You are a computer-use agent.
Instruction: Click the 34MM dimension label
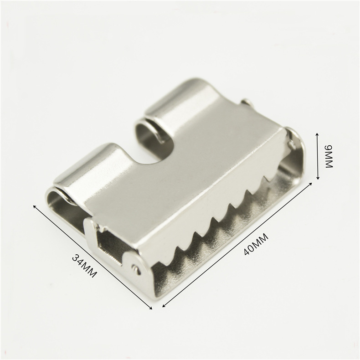click(x=84, y=265)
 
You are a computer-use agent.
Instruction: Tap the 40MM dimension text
click(x=256, y=244)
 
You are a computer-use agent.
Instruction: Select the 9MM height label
click(x=329, y=157)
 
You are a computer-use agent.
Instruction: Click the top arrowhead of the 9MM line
click(x=318, y=134)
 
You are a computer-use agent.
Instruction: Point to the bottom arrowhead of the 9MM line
click(x=318, y=178)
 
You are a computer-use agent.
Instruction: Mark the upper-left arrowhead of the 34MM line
click(x=35, y=206)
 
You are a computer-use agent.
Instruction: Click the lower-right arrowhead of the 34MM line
click(x=151, y=308)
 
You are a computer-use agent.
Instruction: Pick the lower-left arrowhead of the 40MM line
click(x=164, y=305)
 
